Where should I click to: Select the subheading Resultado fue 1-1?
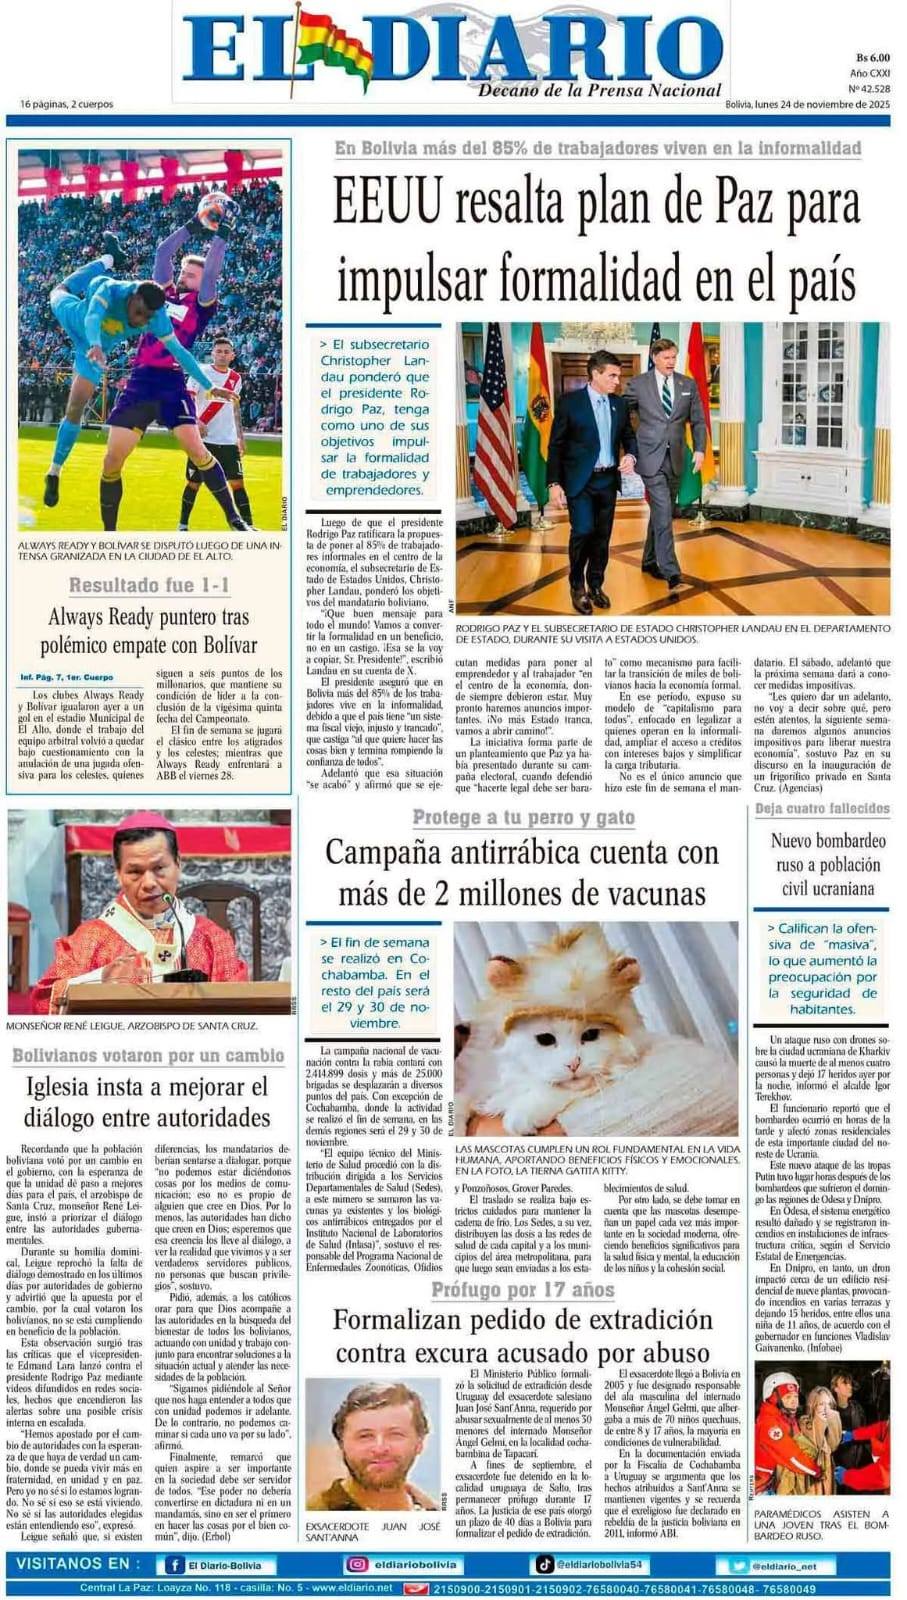tap(149, 585)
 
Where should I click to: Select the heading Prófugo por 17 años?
tap(522, 1289)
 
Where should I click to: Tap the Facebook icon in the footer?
tap(175, 1566)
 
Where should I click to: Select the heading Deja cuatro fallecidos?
tap(822, 808)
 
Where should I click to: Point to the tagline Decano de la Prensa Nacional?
tap(600, 90)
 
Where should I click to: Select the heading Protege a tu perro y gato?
tap(523, 818)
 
